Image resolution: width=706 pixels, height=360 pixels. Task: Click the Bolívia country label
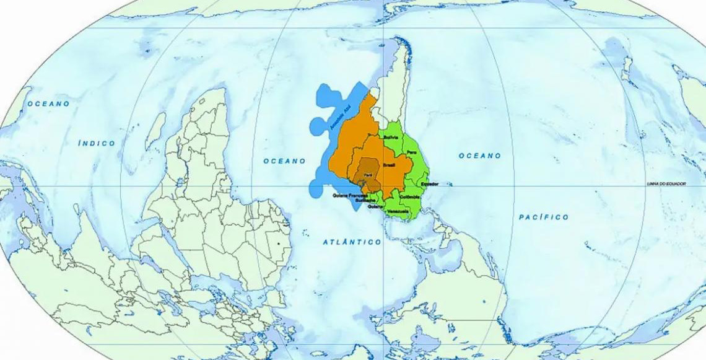(391, 137)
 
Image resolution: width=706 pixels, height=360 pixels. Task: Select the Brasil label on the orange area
(390, 166)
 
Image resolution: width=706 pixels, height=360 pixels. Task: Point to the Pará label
(368, 175)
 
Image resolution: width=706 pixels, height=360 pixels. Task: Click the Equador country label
(429, 184)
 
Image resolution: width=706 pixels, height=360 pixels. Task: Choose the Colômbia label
(410, 197)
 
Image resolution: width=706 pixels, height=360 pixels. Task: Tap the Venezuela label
(398, 212)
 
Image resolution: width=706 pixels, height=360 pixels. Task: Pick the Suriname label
(366, 201)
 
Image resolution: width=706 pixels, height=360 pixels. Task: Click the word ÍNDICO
(97, 143)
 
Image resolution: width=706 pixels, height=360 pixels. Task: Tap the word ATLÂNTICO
(352, 242)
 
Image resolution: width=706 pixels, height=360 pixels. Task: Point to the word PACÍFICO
(543, 217)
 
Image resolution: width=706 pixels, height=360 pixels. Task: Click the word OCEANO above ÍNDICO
(48, 103)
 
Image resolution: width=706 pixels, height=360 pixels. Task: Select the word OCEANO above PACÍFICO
(479, 156)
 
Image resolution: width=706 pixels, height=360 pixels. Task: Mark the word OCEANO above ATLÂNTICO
(284, 160)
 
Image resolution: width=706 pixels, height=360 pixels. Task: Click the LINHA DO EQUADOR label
(666, 184)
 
